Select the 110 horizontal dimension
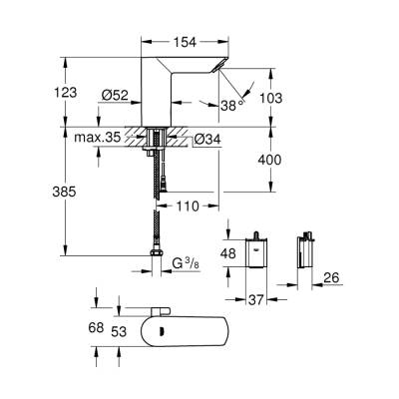point(188,207)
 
